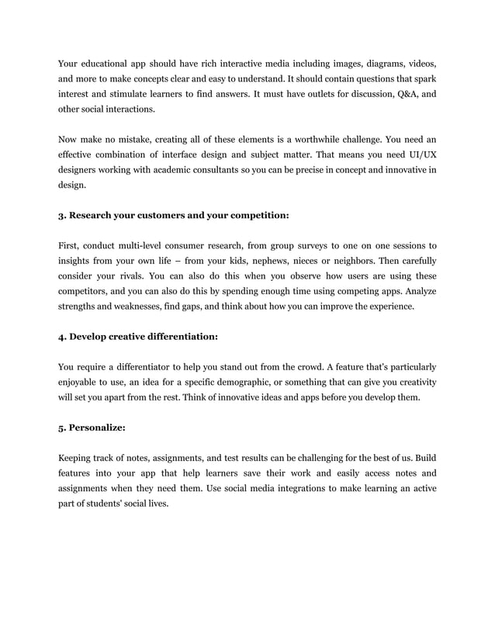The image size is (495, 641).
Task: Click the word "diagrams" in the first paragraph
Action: pyautogui.click(x=363, y=63)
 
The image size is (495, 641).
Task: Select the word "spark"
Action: pyautogui.click(x=423, y=78)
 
